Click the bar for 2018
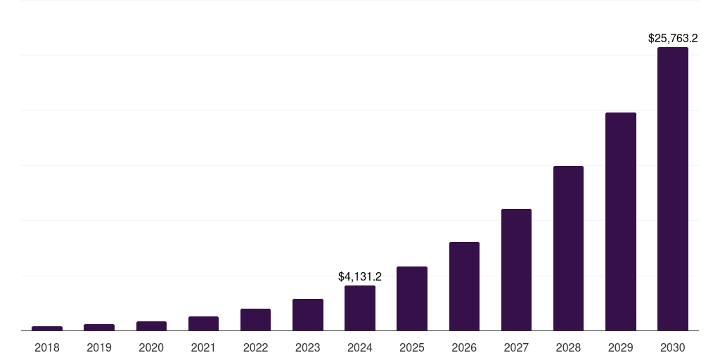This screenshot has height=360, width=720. coord(47,328)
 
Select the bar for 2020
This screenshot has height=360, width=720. coord(151,326)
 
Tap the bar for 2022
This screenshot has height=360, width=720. coord(255,320)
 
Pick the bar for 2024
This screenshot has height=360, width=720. coord(360,308)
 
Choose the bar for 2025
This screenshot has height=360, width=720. coord(412,299)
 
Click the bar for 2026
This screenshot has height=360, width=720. coord(464,286)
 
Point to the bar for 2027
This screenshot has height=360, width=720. coord(516,270)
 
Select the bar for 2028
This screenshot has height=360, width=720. coord(568,248)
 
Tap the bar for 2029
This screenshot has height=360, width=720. coord(621,221)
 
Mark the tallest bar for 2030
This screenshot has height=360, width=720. coord(673,189)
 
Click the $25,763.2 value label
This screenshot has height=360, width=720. coord(673,39)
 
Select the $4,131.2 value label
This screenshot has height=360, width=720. coord(360,277)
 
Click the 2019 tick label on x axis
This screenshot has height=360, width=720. coord(99,347)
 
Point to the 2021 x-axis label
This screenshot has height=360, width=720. coord(203,347)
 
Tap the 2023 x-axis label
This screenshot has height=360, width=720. coord(308,347)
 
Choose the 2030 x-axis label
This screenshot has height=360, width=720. coord(673,347)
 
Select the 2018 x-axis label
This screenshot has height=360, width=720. coord(47,347)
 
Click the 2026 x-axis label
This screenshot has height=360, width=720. coord(464,347)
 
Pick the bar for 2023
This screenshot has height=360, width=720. coord(308,315)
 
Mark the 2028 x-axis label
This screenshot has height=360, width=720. coord(568,347)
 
